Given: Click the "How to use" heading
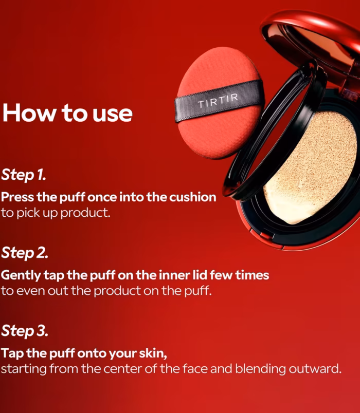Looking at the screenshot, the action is pyautogui.click(x=67, y=113).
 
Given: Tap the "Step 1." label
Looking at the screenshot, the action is pyautogui.click(x=24, y=175).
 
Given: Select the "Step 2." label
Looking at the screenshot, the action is pyautogui.click(x=25, y=253).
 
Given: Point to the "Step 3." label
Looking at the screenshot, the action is pyautogui.click(x=25, y=331).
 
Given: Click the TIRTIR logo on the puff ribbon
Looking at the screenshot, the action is pyautogui.click(x=218, y=101).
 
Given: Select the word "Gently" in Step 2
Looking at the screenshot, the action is pyautogui.click(x=21, y=275).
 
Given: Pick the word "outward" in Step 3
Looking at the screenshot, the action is pyautogui.click(x=315, y=369).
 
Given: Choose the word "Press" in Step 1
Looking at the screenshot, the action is pyautogui.click(x=17, y=197).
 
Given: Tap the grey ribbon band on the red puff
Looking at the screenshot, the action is pyautogui.click(x=219, y=101).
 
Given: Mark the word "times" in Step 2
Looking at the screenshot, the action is pyautogui.click(x=252, y=275).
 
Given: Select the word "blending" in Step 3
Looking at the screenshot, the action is pyautogui.click(x=260, y=369).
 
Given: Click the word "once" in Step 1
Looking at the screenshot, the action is pyautogui.click(x=102, y=198).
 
